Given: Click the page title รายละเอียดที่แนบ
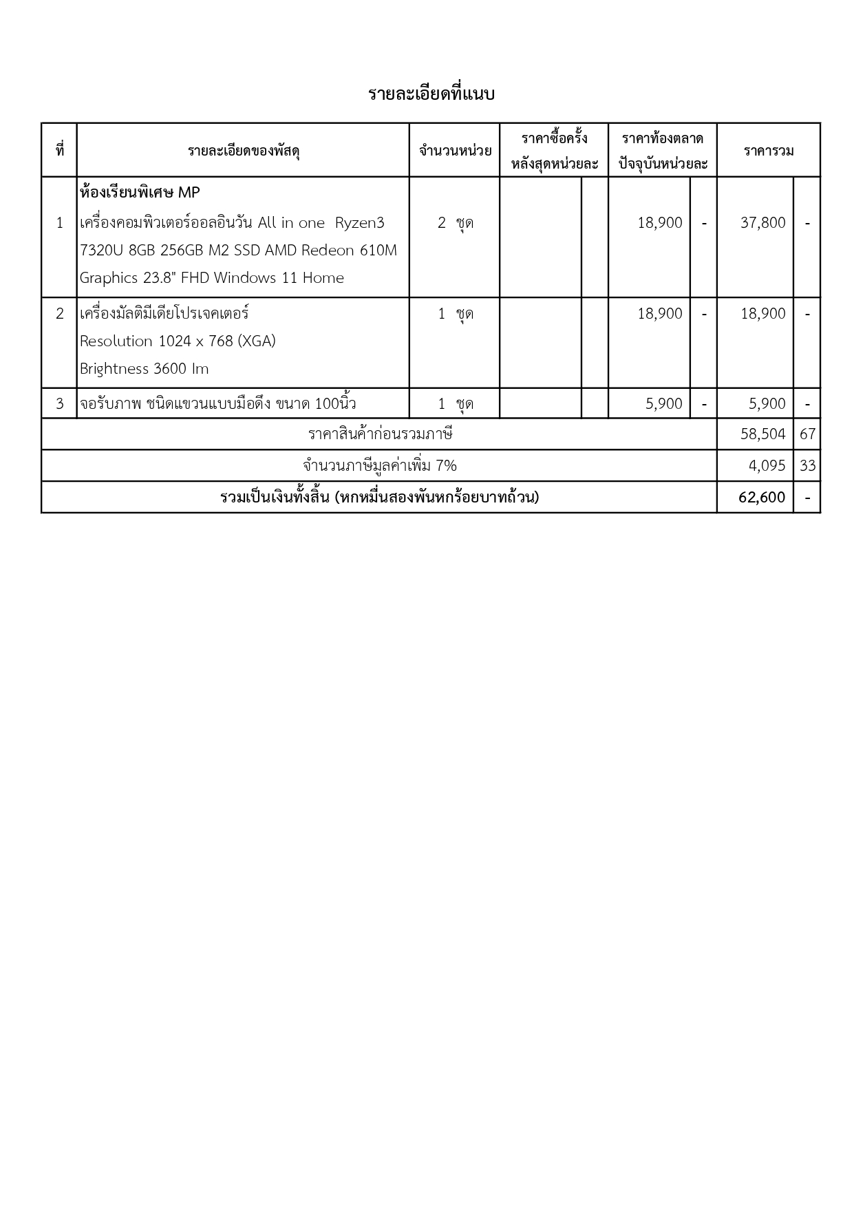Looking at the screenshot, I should (x=431, y=94).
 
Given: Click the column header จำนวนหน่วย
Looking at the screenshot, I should (x=455, y=151).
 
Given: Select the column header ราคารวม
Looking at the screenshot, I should (x=768, y=151).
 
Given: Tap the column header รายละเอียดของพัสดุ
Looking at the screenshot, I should (x=243, y=151).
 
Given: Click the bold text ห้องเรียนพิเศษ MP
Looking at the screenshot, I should (x=140, y=193).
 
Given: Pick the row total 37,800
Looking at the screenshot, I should (x=762, y=223).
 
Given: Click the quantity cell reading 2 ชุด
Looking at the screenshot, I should (x=455, y=223).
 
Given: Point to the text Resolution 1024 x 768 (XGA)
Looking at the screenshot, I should (x=178, y=341).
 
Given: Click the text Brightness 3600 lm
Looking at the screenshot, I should (x=144, y=369).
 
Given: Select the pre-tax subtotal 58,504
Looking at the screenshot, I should (x=762, y=434).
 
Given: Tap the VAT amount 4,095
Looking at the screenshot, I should (x=767, y=466).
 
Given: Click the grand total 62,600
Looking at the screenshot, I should (x=762, y=498).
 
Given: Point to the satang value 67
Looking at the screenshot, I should (x=807, y=434).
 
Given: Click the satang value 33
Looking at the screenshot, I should (x=807, y=466).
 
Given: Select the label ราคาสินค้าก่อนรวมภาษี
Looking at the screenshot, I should (x=380, y=434).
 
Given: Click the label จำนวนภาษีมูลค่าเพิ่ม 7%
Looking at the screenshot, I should (x=380, y=466).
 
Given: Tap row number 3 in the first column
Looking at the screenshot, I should (x=59, y=404).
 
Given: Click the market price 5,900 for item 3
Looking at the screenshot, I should (x=663, y=404).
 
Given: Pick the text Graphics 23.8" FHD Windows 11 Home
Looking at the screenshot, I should (x=211, y=278).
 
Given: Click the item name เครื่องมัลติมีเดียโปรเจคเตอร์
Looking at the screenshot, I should (x=164, y=314).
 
